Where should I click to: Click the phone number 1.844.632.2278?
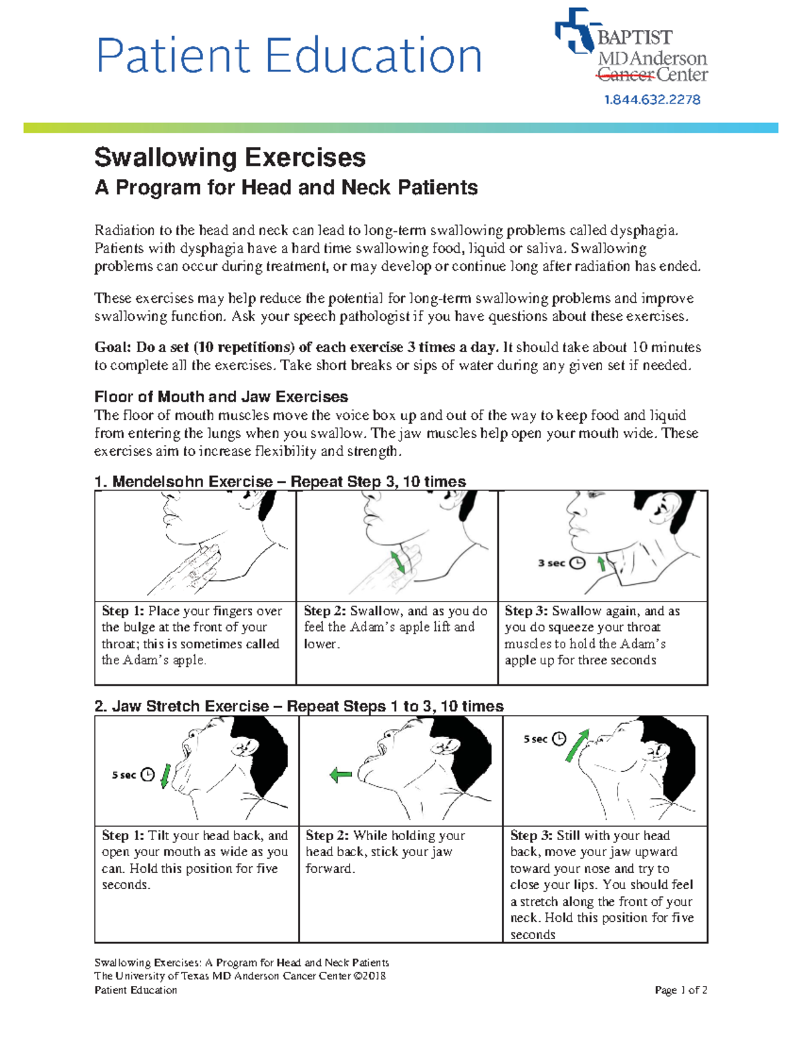coord(652,100)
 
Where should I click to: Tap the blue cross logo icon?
coord(574,31)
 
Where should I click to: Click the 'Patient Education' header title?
coord(289,55)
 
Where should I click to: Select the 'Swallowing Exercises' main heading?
coord(230,158)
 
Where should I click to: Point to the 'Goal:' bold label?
coord(112,348)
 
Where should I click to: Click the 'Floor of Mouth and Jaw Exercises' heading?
coord(221,397)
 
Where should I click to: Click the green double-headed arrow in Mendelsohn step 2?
coord(398,561)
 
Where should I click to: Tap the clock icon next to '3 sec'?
coord(578,563)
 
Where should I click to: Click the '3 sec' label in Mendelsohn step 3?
coord(551,563)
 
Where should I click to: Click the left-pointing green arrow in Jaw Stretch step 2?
coord(341,775)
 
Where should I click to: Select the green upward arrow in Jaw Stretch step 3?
coord(577,746)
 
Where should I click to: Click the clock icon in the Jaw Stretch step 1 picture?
coord(148,775)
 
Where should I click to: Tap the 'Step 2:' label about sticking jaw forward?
coord(327,835)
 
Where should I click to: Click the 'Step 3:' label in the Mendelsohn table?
coord(526,611)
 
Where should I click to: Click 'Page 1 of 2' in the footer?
coord(680,990)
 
